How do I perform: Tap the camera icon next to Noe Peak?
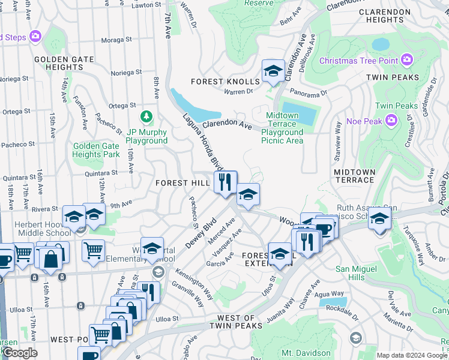(x=391, y=121)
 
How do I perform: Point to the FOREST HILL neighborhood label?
(x=182, y=182)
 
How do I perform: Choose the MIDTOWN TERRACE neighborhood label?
(x=354, y=177)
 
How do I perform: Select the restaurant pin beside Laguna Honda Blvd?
(x=226, y=182)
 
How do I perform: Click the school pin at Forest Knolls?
(x=273, y=71)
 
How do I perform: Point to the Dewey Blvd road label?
(x=201, y=233)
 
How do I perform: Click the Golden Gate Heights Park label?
(x=95, y=150)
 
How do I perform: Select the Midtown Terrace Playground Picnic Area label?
(x=282, y=128)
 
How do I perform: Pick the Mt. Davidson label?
(x=306, y=353)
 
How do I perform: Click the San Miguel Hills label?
(x=358, y=272)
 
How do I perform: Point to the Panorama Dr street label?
(x=307, y=93)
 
